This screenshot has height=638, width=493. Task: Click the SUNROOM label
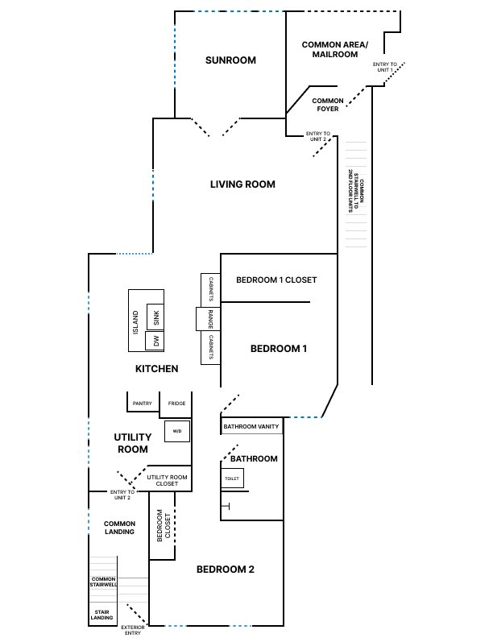coord(230,60)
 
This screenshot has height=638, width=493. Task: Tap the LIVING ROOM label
coord(242,184)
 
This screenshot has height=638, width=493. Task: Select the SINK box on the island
coord(156,317)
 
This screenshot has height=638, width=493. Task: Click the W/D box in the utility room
coord(176,431)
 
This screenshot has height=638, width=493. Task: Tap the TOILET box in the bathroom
coord(232,478)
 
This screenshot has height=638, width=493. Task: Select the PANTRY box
coord(143,403)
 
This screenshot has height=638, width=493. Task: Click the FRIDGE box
coord(177,403)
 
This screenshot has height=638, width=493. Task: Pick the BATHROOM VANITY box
coord(251,426)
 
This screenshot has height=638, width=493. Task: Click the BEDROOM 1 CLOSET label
coord(276,280)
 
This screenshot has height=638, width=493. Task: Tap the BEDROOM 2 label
coord(226,570)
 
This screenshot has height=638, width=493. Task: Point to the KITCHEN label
coord(156,369)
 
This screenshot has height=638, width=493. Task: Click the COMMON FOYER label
coord(328,105)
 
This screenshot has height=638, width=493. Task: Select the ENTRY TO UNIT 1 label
coord(383,68)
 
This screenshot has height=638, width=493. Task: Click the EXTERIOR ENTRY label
coord(132,630)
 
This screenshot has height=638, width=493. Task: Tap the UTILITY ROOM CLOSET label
coord(168,481)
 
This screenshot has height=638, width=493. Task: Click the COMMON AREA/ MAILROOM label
coord(329,49)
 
